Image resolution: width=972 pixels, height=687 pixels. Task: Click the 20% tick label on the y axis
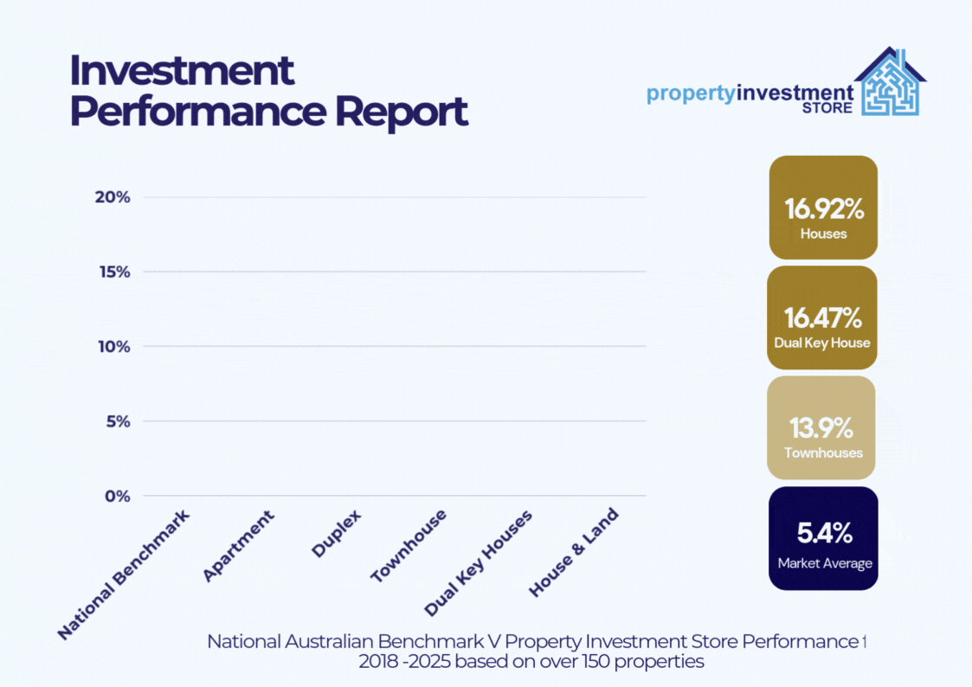[113, 197]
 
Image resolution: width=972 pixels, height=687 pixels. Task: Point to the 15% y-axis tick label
[114, 272]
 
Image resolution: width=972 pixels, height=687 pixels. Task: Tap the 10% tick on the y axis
[114, 347]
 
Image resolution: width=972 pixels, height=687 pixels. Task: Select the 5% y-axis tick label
[118, 422]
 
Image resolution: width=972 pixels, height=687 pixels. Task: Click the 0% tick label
[117, 496]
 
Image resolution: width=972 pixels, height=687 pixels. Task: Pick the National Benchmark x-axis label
[124, 575]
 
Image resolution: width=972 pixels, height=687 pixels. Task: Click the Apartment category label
[238, 546]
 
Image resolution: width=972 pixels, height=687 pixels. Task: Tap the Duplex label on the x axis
[336, 533]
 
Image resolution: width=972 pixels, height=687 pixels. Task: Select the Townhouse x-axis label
[409, 546]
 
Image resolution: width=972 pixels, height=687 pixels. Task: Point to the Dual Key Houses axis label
[478, 563]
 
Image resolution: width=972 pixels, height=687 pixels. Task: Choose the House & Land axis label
[573, 553]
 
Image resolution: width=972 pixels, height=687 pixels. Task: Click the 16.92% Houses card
[823, 208]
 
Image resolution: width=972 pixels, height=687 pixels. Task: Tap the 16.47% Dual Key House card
[822, 318]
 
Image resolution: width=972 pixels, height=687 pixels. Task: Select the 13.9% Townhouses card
[821, 427]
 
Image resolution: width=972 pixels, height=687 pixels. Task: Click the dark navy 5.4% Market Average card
[823, 538]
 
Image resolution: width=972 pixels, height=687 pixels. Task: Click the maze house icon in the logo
[890, 82]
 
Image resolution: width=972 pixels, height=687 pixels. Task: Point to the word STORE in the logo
[827, 108]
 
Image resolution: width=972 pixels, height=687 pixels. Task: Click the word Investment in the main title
[182, 71]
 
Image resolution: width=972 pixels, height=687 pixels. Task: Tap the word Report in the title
[401, 112]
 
